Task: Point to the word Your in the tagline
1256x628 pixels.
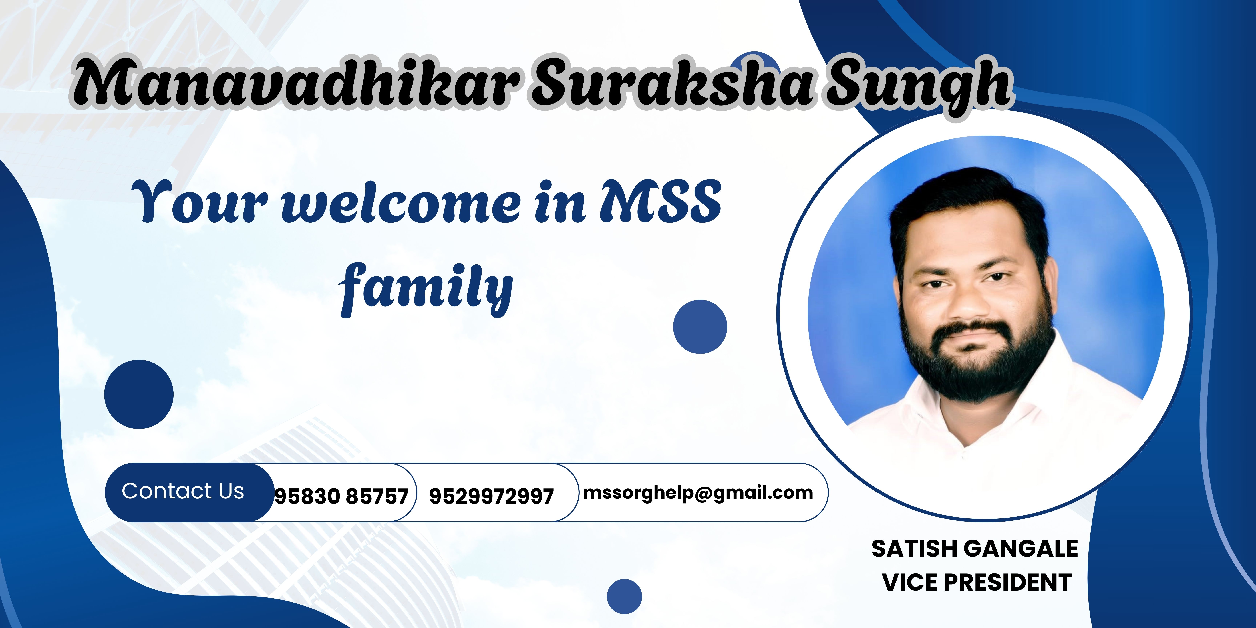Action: coord(200,201)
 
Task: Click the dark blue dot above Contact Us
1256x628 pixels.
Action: coord(139,394)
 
